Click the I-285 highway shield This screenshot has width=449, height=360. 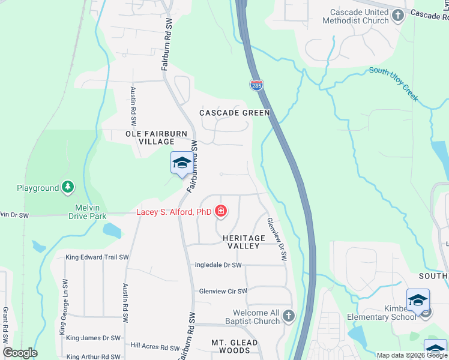click(256, 85)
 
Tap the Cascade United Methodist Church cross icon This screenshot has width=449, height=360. click(399, 16)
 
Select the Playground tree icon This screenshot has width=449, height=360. click(68, 188)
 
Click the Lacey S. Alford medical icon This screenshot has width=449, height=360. click(221, 211)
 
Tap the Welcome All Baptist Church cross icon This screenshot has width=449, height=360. click(289, 316)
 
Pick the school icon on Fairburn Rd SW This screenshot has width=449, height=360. click(181, 163)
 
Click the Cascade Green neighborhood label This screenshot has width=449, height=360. click(235, 113)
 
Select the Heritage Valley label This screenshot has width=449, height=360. click(244, 242)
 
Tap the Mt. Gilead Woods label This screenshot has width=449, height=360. click(231, 346)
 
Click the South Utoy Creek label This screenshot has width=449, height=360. click(394, 84)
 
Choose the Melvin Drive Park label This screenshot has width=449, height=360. click(91, 212)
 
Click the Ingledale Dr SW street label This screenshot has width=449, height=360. click(218, 265)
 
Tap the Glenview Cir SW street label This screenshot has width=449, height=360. click(223, 291)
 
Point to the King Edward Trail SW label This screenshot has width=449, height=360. click(97, 257)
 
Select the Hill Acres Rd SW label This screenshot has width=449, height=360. click(155, 346)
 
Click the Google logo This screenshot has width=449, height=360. click(20, 353)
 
